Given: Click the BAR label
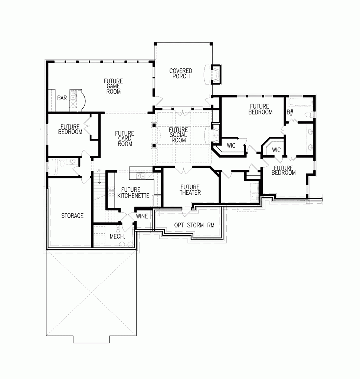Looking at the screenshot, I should [62, 98].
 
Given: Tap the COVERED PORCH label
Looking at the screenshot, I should [181, 74].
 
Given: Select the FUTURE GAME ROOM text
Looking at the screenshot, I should [113, 86].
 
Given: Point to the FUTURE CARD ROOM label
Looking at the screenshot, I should [125, 139].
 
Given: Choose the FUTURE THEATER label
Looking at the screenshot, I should [190, 190].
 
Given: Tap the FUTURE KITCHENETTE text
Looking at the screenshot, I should [133, 192].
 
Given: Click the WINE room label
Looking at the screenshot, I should [142, 216].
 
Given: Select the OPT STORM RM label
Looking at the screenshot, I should [194, 226].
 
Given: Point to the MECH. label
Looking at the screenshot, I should [117, 236].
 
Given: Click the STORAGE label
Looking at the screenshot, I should [72, 216].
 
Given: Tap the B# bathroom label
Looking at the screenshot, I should [290, 111].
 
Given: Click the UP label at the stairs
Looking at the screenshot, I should [99, 170].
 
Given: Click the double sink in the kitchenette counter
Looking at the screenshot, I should [141, 176].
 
